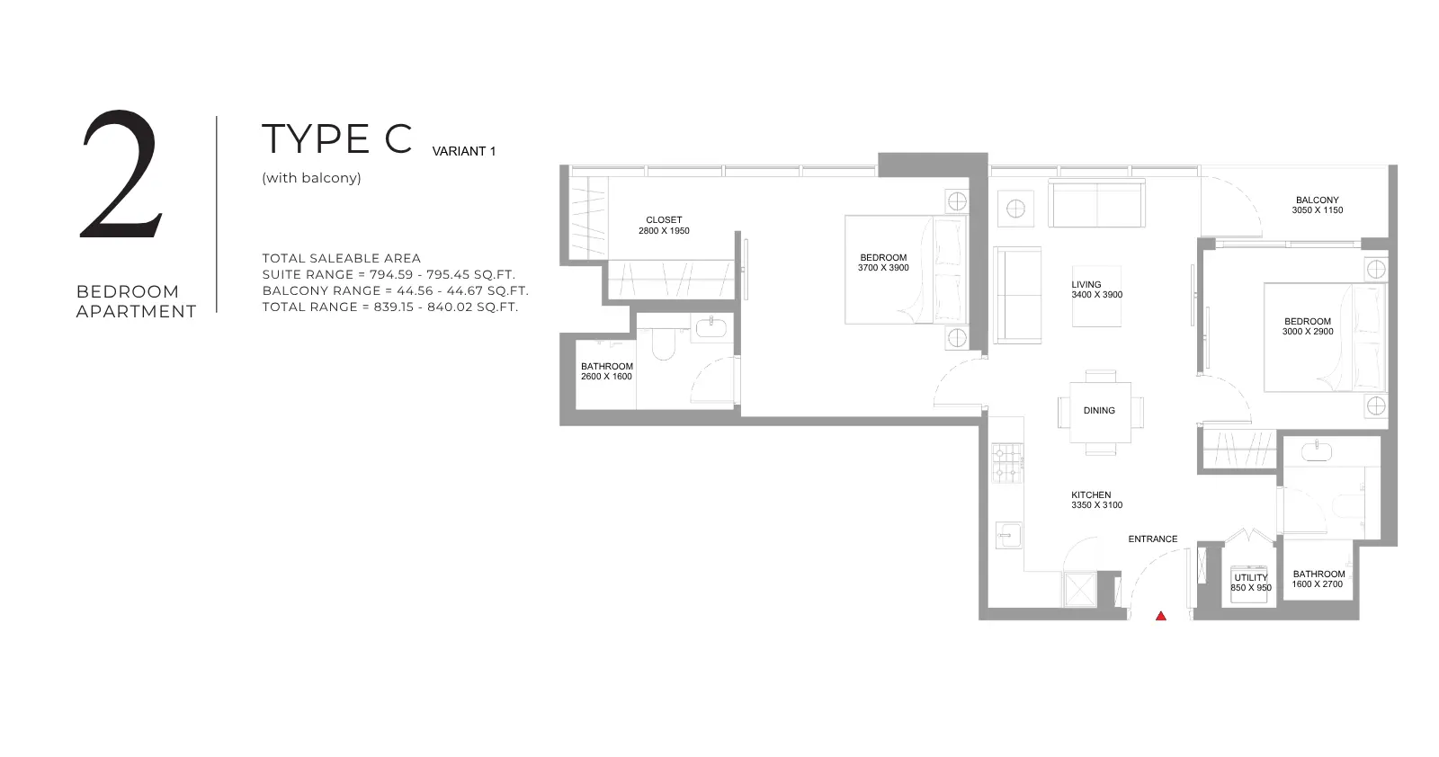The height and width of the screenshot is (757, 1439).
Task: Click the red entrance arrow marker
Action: (1161, 617)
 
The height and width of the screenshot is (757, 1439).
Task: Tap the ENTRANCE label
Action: (1152, 539)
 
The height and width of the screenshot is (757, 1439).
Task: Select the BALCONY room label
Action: (1317, 200)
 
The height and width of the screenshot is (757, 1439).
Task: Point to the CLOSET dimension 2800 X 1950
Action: (664, 231)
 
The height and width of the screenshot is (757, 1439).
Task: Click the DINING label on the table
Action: (1099, 411)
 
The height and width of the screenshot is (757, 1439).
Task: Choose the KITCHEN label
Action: (1091, 495)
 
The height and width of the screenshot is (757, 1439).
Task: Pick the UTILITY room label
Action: (1251, 578)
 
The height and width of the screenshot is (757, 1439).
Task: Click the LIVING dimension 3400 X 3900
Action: (1096, 296)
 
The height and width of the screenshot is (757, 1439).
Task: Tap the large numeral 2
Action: (121, 174)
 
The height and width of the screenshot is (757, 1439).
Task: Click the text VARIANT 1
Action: (464, 152)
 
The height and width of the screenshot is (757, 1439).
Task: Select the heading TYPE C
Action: (336, 138)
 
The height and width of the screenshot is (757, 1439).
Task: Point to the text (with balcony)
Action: (311, 178)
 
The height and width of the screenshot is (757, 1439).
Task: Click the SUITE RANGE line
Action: (389, 275)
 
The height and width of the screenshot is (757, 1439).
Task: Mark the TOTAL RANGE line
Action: (390, 307)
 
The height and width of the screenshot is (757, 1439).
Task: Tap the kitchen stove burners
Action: (1007, 463)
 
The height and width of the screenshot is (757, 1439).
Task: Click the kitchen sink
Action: (1008, 535)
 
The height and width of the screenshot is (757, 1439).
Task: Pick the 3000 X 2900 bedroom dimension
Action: (1308, 332)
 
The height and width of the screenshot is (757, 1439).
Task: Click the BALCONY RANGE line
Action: (395, 291)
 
